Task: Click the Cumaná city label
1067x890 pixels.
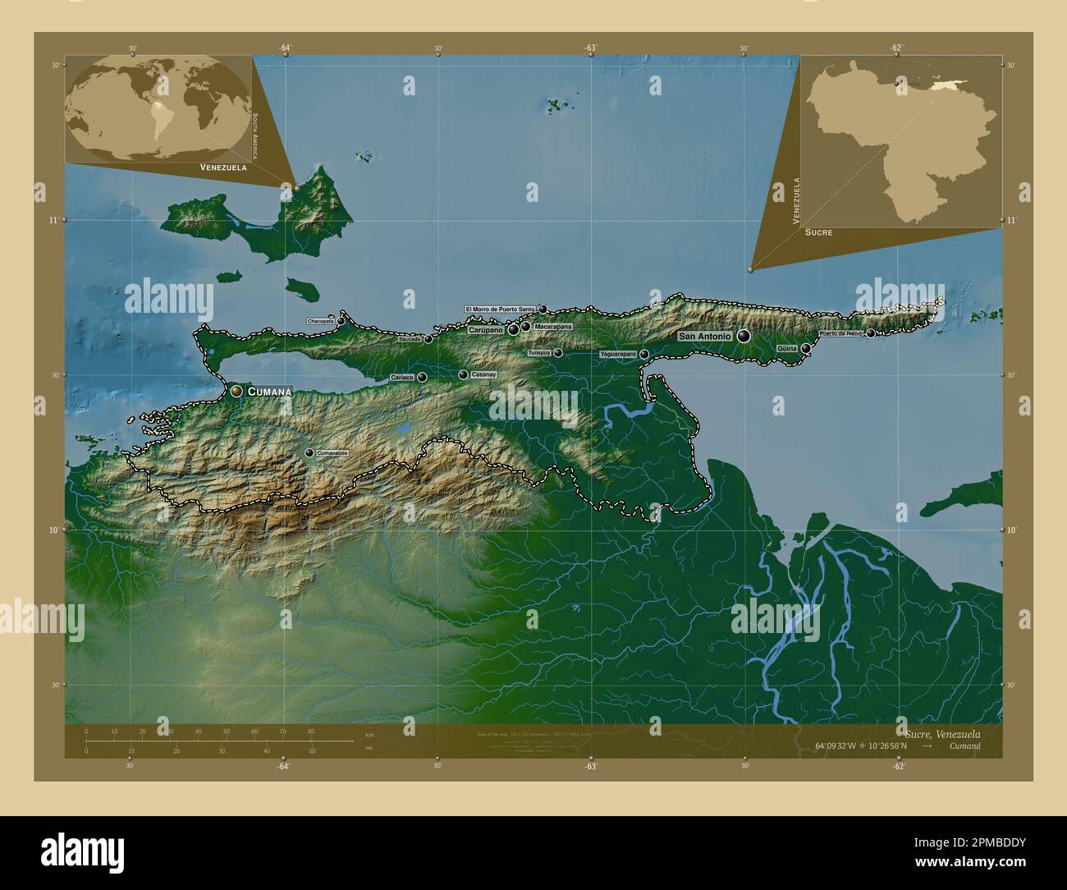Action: pyautogui.click(x=269, y=392)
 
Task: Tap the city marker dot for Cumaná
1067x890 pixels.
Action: pyautogui.click(x=236, y=392)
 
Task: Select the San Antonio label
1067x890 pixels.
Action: pyautogui.click(x=704, y=336)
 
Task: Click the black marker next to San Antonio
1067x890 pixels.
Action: pyautogui.click(x=744, y=336)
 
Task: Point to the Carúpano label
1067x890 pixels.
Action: pyautogui.click(x=485, y=330)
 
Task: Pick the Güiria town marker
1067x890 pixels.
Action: pyautogui.click(x=806, y=349)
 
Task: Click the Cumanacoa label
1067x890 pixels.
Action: pyautogui.click(x=332, y=453)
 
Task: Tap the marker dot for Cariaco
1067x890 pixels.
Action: pyautogui.click(x=422, y=378)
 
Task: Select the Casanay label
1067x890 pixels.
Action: pyautogui.click(x=483, y=374)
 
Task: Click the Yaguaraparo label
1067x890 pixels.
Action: pyautogui.click(x=618, y=354)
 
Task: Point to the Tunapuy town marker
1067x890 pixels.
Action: pyautogui.click(x=558, y=353)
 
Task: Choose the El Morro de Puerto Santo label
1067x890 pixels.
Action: pyautogui.click(x=500, y=310)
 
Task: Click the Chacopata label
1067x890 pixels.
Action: pyautogui.click(x=320, y=321)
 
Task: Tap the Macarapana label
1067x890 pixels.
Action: pyautogui.click(x=552, y=327)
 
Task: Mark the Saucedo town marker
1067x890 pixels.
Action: pyautogui.click(x=428, y=339)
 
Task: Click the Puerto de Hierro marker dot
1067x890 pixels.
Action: pyautogui.click(x=870, y=333)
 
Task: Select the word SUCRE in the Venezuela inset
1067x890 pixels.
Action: pyautogui.click(x=818, y=232)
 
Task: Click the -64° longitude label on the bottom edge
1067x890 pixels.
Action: pyautogui.click(x=283, y=766)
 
